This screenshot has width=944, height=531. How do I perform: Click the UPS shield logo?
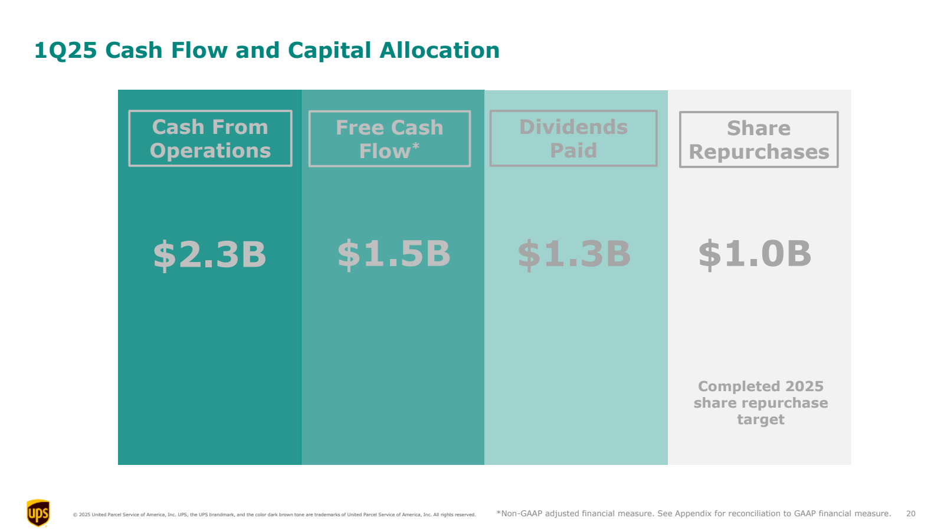[x=38, y=513]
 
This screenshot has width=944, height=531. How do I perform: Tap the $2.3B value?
[x=209, y=255]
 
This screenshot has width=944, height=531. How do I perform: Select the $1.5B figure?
[x=394, y=254]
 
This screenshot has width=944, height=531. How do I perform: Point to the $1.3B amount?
[x=574, y=254]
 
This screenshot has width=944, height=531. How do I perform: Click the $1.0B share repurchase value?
[x=755, y=254]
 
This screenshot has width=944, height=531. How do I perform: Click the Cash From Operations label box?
[x=210, y=139]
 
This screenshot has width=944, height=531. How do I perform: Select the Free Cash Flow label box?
[x=389, y=139]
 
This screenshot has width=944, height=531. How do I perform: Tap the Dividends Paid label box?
[x=573, y=139]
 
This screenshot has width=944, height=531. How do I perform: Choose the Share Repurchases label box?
[x=759, y=140]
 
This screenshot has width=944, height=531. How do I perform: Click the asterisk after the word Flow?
[x=416, y=146]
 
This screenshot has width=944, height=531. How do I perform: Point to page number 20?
[x=911, y=514]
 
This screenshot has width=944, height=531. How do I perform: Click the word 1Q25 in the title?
[x=65, y=51]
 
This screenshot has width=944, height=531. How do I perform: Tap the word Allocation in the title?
[x=440, y=51]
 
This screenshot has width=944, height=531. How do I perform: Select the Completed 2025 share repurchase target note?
[x=761, y=403]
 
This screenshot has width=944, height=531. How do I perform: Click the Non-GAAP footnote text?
[x=693, y=514]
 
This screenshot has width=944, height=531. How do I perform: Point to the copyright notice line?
[x=274, y=515]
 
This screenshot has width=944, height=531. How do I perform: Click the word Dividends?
[x=573, y=127]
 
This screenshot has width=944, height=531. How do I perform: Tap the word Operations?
[x=210, y=151]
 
